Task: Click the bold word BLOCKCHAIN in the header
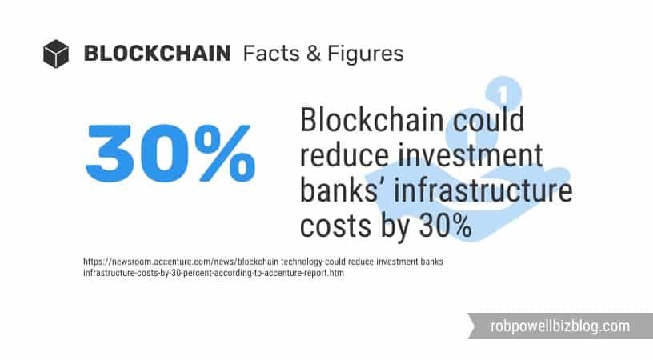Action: [157, 54]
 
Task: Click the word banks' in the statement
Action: [345, 191]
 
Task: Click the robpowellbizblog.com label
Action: [560, 326]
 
